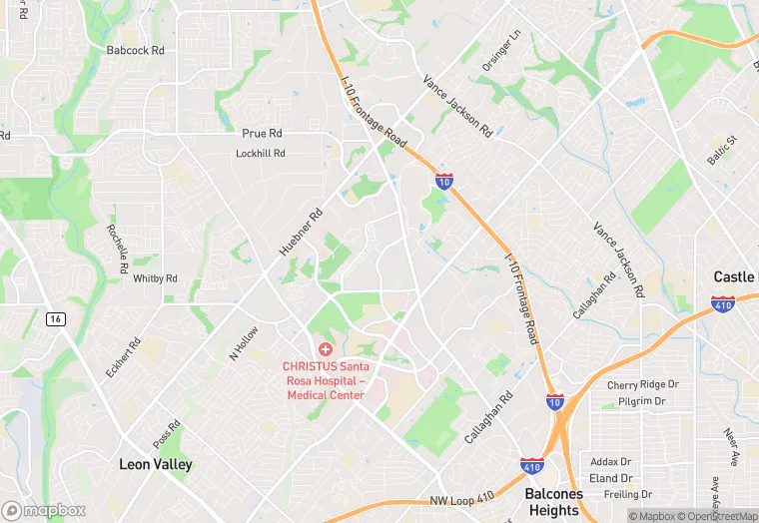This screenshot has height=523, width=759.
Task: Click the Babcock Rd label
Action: click(x=135, y=49)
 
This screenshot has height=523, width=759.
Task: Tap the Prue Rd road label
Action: click(x=262, y=133)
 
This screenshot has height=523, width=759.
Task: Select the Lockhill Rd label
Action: click(x=261, y=154)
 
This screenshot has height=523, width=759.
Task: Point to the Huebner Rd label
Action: click(x=301, y=232)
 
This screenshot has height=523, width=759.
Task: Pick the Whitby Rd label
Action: click(x=155, y=278)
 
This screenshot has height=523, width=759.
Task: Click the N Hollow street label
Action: click(x=244, y=342)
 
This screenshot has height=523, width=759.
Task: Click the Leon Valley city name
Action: click(x=156, y=464)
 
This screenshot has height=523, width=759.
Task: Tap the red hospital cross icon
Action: click(x=326, y=348)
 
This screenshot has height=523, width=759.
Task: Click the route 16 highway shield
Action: click(x=55, y=318)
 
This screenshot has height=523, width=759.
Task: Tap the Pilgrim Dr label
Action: click(x=641, y=401)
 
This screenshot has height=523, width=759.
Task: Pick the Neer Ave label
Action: click(x=730, y=447)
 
